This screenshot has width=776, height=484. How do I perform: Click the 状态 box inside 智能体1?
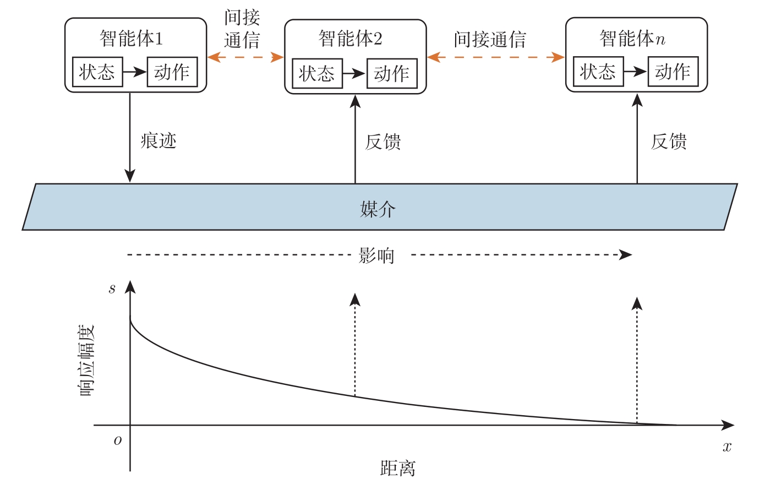97,72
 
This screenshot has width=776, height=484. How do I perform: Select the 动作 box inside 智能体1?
172,72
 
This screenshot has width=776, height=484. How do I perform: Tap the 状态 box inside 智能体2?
316,73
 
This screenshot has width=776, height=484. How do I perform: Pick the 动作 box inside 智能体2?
391,73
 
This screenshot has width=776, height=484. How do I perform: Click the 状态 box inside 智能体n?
598,72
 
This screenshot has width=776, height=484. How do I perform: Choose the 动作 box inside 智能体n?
673,72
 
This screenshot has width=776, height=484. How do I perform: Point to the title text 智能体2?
350,39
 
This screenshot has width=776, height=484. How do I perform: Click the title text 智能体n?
632,39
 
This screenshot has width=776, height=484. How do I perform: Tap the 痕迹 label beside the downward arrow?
159,141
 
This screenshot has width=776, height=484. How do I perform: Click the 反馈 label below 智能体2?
383,142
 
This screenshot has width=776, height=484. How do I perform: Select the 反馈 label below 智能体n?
669,142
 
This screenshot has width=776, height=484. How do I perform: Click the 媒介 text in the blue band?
378,209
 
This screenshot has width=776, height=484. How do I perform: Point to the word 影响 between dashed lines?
376,255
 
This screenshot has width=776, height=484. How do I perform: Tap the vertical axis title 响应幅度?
86,361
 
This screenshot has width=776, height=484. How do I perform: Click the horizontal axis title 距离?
397,468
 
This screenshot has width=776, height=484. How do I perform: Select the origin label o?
117,440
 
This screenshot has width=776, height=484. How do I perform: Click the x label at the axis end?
727,447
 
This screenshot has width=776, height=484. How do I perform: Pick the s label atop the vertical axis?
112,289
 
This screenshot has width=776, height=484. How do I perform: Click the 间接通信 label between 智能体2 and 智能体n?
490,40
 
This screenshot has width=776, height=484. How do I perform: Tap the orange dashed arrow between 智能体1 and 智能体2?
245,57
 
